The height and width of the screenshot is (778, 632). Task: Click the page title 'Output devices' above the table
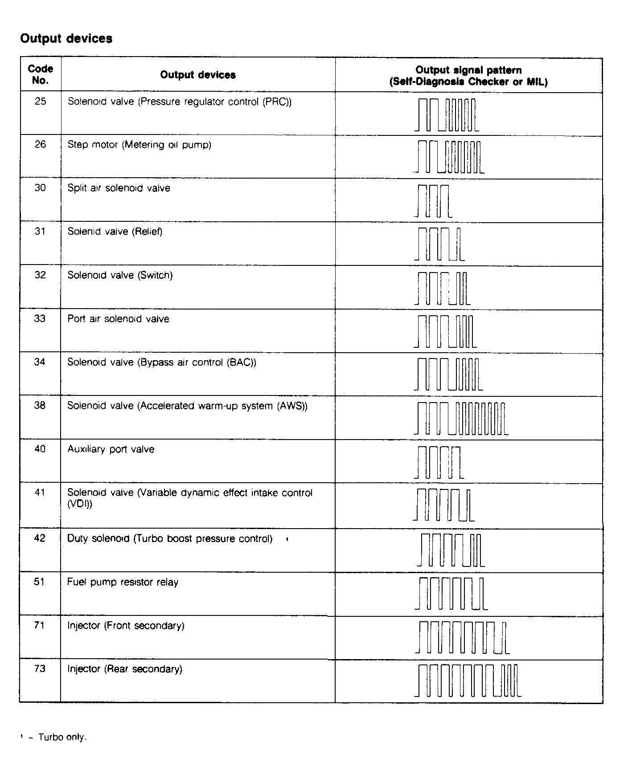(66, 39)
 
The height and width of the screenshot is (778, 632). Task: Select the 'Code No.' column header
(40, 74)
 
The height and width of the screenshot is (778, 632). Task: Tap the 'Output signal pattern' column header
(468, 76)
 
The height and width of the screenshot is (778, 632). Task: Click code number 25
(40, 102)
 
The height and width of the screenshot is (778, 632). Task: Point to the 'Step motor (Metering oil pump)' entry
(139, 145)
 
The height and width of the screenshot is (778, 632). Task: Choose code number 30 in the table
(40, 188)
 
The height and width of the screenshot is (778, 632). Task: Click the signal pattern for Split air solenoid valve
(433, 201)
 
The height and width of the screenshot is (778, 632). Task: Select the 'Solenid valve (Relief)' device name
(115, 232)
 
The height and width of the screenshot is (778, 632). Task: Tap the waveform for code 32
(442, 288)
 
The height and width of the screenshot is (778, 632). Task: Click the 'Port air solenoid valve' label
(118, 319)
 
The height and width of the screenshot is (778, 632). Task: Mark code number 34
(40, 362)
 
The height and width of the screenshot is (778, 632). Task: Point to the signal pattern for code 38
(461, 418)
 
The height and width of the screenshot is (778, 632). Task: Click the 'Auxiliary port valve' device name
(111, 449)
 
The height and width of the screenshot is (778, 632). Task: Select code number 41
(40, 493)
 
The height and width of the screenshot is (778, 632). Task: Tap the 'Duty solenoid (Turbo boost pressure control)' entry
(169, 539)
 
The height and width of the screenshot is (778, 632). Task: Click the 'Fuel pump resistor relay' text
(123, 582)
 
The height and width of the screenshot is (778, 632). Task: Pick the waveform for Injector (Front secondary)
(462, 637)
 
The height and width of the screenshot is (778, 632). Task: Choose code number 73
(40, 669)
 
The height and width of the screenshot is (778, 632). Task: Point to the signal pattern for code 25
(447, 115)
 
